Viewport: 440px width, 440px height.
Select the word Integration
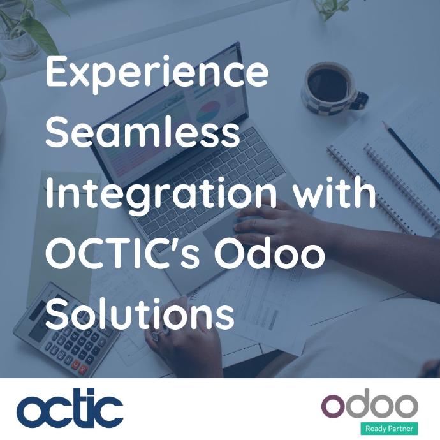coord(161,196)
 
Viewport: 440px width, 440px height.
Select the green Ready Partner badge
coord(389,429)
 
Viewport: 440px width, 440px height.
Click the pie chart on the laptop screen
coord(208,112)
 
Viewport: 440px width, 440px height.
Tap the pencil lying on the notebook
coord(410,151)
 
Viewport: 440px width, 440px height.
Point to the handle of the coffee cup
coord(360,100)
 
